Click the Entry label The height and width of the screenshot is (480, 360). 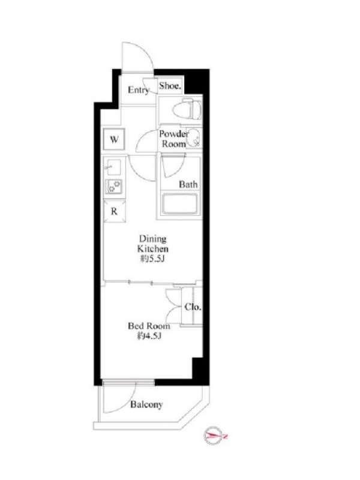pyautogui.click(x=139, y=90)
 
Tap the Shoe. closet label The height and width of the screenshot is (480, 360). pyautogui.click(x=170, y=86)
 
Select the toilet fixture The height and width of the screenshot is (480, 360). pyautogui.click(x=187, y=109)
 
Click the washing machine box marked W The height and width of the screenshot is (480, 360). pyautogui.click(x=114, y=139)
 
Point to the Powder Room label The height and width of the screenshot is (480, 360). pyautogui.click(x=174, y=139)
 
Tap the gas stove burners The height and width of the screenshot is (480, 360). pyautogui.click(x=114, y=187)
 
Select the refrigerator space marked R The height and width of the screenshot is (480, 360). pyautogui.click(x=114, y=211)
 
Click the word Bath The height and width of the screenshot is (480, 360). pyautogui.click(x=188, y=184)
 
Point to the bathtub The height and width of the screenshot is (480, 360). pyautogui.click(x=181, y=203)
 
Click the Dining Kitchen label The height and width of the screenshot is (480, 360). pyautogui.click(x=153, y=244)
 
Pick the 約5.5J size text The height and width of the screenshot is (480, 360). pyautogui.click(x=152, y=259)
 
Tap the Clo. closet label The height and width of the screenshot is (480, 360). pyautogui.click(x=193, y=307)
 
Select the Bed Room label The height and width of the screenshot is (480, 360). pyautogui.click(x=149, y=326)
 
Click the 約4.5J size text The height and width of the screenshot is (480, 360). pyautogui.click(x=149, y=336)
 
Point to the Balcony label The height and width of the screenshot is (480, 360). pyautogui.click(x=146, y=404)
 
